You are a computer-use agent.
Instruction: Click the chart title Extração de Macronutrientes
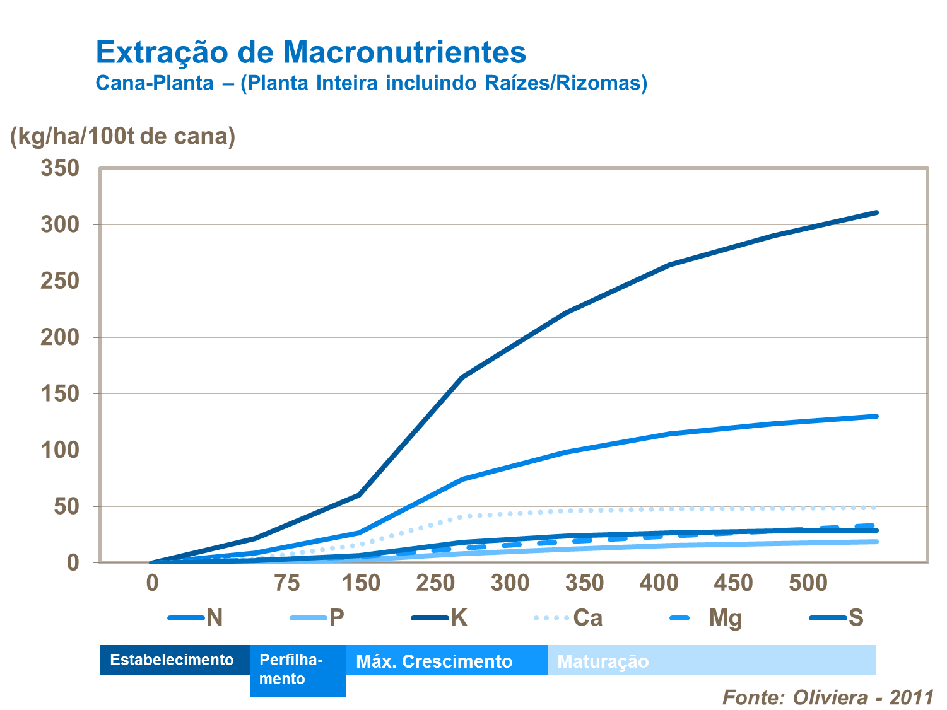pos(310,52)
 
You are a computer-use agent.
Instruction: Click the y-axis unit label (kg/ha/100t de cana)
pos(122,136)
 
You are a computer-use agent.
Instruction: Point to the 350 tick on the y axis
pos(60,168)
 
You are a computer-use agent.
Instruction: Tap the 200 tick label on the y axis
pos(60,337)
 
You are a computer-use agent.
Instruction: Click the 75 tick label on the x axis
pos(286,583)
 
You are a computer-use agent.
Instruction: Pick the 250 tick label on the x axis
pos(435,583)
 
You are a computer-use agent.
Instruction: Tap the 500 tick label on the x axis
pos(808,583)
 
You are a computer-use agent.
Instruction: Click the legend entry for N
pos(196,618)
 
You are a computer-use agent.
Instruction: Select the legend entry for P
pos(317,618)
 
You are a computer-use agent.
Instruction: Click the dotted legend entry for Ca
pos(568,618)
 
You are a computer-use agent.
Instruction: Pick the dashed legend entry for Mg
pos(707,618)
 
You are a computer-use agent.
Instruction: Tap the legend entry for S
pos(837,618)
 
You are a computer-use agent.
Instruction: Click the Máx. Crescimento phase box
pos(447,661)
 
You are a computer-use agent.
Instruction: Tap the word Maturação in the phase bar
pos(603,661)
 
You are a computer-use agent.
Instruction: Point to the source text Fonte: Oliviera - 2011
pos(828,697)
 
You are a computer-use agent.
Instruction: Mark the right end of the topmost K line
pos(876,212)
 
